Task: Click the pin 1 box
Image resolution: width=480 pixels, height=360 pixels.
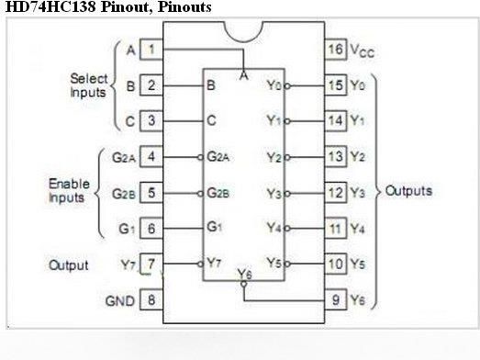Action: coord(151,49)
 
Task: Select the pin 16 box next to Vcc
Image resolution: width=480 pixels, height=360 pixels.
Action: coord(336,49)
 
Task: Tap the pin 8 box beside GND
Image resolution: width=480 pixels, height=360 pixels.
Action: coord(151,299)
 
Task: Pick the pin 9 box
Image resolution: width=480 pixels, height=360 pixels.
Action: coord(336,299)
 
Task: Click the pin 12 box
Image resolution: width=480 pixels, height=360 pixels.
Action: coord(336,193)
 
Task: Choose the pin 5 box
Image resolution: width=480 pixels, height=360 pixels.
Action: coord(151,193)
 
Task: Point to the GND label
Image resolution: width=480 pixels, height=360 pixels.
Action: coord(120,301)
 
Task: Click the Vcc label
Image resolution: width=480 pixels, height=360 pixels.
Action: coord(363,51)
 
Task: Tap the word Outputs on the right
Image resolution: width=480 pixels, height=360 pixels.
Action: coord(408,191)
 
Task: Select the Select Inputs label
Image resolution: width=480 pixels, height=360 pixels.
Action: coord(88,85)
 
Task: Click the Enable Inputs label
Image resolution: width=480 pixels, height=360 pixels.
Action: coord(69,190)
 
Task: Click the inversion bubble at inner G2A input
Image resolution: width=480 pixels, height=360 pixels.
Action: coord(200,157)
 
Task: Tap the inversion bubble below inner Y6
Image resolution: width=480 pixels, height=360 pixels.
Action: coord(244,284)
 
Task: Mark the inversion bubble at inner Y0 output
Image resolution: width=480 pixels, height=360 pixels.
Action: coord(287,86)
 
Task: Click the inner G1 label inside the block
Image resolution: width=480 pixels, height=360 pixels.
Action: coord(214,227)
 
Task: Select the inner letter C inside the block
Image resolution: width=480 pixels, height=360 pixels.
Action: coord(211,120)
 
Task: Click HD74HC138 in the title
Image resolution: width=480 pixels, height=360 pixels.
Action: coord(50,6)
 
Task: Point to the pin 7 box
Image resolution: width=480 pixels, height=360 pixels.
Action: coord(151,264)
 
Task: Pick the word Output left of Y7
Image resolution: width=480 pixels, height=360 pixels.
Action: coord(69,265)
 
